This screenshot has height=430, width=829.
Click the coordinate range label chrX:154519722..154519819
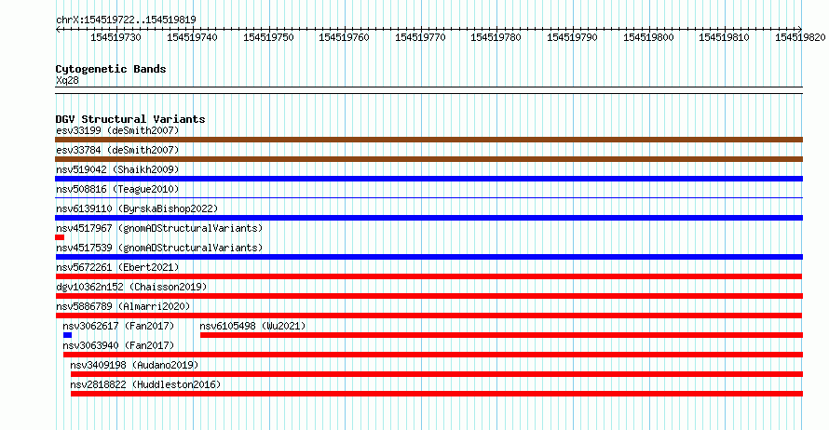click(126, 20)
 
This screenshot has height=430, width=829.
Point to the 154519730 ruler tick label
click(116, 37)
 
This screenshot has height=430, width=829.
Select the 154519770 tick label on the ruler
click(420, 37)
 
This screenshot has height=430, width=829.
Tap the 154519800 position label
click(648, 37)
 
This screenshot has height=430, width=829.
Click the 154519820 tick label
click(800, 37)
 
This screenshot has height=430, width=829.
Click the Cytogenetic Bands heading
click(111, 69)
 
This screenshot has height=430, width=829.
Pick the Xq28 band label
click(67, 80)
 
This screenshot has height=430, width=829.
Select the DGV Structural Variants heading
click(130, 119)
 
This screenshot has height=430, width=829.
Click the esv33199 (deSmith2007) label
click(117, 130)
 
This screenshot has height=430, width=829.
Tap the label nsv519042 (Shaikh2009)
click(117, 169)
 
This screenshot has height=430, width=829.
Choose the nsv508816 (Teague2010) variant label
click(117, 189)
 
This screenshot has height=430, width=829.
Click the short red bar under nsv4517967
click(60, 237)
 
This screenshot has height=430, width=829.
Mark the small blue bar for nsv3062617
click(67, 335)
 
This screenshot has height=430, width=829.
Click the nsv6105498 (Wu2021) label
click(252, 326)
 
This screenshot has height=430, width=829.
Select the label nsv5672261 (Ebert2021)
click(117, 267)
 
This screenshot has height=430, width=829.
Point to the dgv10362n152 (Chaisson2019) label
click(131, 287)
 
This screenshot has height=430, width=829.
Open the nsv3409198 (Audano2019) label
click(134, 365)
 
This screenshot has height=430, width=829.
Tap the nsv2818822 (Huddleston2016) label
click(145, 384)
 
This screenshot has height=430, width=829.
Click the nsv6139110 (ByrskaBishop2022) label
click(137, 208)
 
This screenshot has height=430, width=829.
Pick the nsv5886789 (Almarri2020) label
click(123, 306)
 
